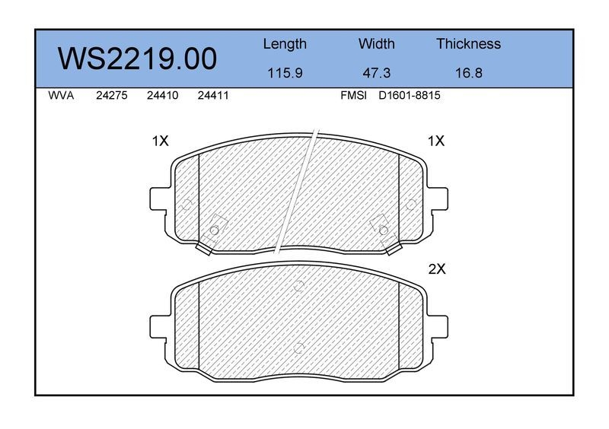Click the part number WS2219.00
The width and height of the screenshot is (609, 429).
pos(137,59)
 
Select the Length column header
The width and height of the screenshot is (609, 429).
pos(285,44)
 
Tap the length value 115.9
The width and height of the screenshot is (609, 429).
pos(285,73)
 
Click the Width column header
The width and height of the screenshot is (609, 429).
pos(376,44)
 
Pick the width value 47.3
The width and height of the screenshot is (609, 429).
pos(376,73)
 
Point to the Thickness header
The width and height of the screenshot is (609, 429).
pos(468,44)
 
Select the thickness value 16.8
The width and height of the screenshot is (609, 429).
pos(468,73)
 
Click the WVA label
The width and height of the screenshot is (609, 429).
pos(61,96)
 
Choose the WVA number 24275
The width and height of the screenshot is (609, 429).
pos(111,96)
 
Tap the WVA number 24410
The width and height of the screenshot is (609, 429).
pos(162,96)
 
